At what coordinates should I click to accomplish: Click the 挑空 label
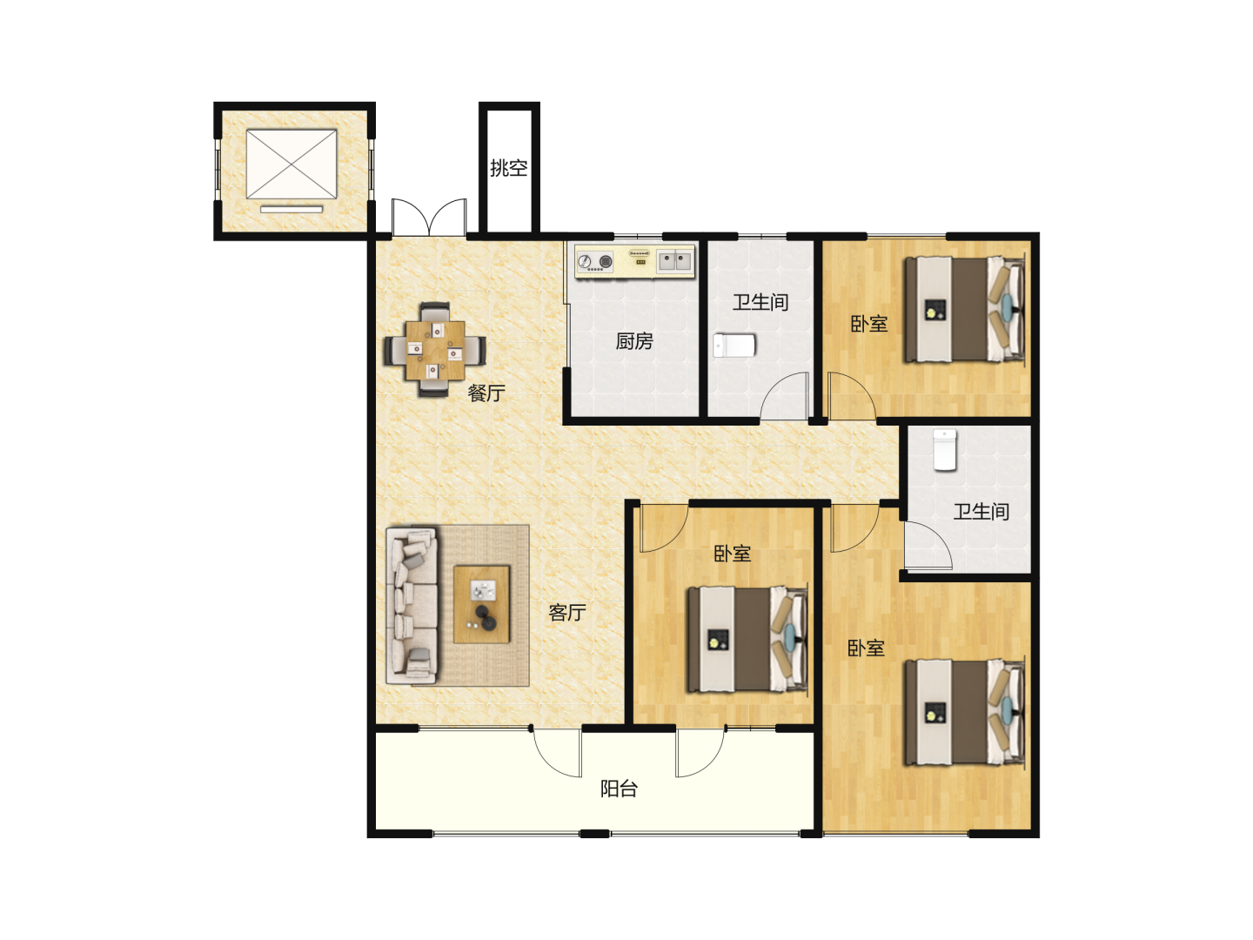coord(508,168)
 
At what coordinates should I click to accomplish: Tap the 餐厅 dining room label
coord(486,393)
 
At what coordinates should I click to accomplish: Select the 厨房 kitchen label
coord(633,341)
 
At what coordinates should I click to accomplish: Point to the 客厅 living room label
coord(566,613)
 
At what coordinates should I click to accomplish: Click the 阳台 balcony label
coord(619,789)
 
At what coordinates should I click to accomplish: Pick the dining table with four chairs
coord(434,350)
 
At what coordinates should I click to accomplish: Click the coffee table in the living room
coord(481,604)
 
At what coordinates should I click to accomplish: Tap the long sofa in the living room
coord(412,606)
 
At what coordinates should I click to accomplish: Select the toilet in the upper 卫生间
coord(734,346)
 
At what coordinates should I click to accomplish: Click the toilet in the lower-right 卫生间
coord(945,450)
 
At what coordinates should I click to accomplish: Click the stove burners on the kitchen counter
coord(595,261)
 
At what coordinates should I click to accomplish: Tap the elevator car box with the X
coord(291,164)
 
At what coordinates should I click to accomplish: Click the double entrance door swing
coord(429,217)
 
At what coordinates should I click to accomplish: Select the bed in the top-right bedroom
coord(963,309)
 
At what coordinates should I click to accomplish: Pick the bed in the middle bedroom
coord(747,639)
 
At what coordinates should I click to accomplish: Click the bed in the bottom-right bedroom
coord(963,712)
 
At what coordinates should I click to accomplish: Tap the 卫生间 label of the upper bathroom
coord(761,302)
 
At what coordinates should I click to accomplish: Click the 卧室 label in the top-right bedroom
coord(868,324)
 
